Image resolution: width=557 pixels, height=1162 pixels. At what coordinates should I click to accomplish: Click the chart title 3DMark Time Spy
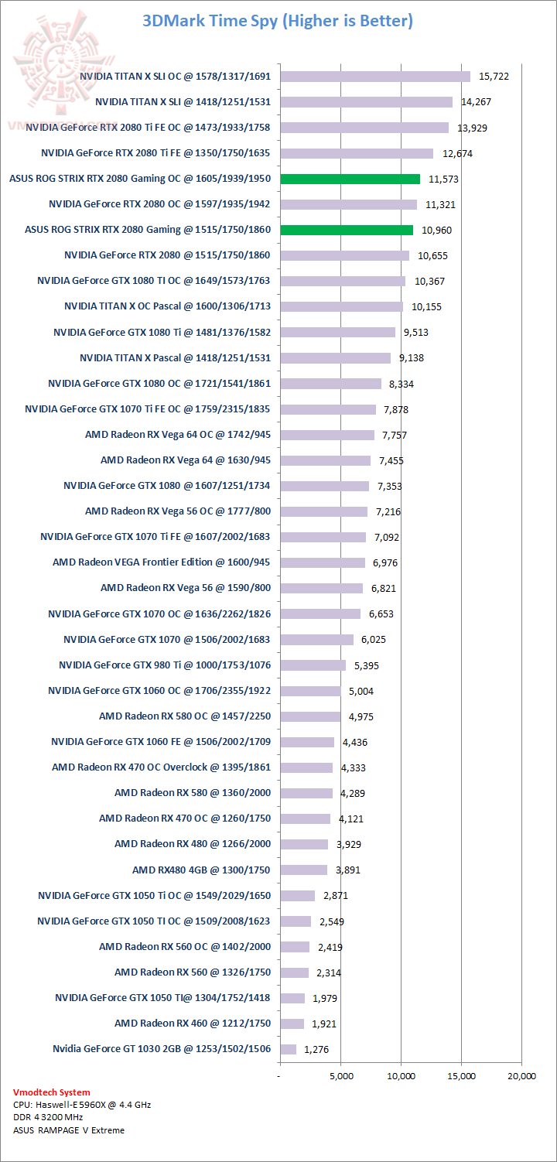point(278,21)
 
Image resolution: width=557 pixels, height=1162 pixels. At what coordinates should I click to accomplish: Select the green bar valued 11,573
point(350,179)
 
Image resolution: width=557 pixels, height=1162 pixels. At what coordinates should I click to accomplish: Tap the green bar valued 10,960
point(346,230)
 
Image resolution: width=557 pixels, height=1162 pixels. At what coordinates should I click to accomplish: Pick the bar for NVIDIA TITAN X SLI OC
point(375,77)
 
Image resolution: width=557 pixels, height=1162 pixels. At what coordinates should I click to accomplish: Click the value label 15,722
point(494,77)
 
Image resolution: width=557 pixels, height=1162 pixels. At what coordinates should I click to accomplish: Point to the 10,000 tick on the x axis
point(401,1075)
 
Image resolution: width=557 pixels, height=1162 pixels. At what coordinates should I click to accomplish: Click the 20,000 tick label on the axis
point(521,1075)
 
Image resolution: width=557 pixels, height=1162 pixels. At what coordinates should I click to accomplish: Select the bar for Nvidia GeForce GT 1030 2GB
point(288,1049)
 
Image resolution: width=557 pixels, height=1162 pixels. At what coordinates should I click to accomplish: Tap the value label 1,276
point(316,1050)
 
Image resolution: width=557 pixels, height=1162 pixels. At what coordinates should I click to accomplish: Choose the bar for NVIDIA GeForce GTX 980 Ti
point(313,665)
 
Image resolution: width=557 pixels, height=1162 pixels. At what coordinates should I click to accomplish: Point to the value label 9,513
point(415,333)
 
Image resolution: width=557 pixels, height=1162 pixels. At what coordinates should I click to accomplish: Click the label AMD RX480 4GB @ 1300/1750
point(201,870)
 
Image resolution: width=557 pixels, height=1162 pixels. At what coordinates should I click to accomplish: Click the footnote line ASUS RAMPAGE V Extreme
point(68,1130)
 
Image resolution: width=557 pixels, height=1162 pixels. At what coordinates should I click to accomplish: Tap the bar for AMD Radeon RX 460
point(292,1024)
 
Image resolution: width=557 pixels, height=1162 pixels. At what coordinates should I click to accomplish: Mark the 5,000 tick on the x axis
point(341,1075)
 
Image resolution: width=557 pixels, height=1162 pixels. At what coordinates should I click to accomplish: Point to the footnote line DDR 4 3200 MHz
point(48,1117)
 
